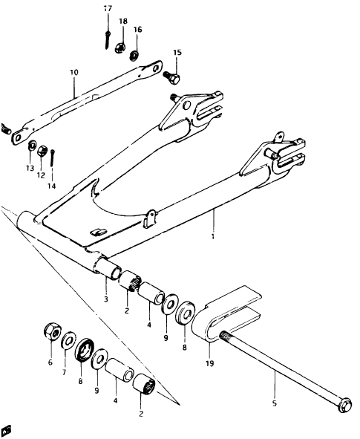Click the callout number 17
(x=108, y=9)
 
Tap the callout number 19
(x=209, y=363)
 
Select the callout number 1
(x=213, y=236)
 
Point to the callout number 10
(x=73, y=73)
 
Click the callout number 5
(x=275, y=403)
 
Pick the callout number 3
(x=105, y=299)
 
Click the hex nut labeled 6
(x=52, y=332)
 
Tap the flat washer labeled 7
(x=68, y=340)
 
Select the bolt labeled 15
(x=171, y=77)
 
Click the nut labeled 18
(x=120, y=48)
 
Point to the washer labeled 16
(x=134, y=55)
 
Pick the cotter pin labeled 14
(x=53, y=158)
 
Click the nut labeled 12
(x=42, y=152)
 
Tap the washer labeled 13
(x=32, y=146)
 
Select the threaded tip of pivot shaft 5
(x=223, y=335)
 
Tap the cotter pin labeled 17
(x=108, y=40)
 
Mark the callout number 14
(x=51, y=186)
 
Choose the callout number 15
(x=177, y=53)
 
